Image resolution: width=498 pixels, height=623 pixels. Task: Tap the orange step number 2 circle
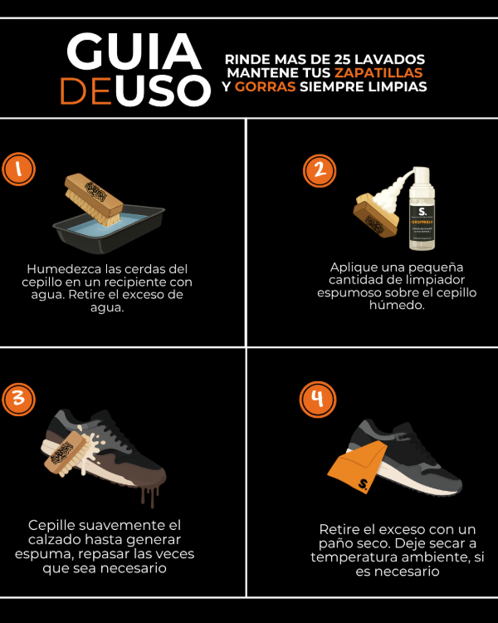pyautogui.click(x=318, y=170)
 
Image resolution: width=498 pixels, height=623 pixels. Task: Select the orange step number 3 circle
pyautogui.click(x=19, y=399)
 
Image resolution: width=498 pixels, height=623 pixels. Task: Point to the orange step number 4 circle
pyautogui.click(x=315, y=400)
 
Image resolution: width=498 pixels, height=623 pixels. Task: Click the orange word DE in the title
pyautogui.click(x=86, y=92)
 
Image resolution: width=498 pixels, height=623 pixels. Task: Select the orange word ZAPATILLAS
pyautogui.click(x=386, y=73)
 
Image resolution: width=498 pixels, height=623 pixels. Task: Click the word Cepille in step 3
pyautogui.click(x=53, y=526)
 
